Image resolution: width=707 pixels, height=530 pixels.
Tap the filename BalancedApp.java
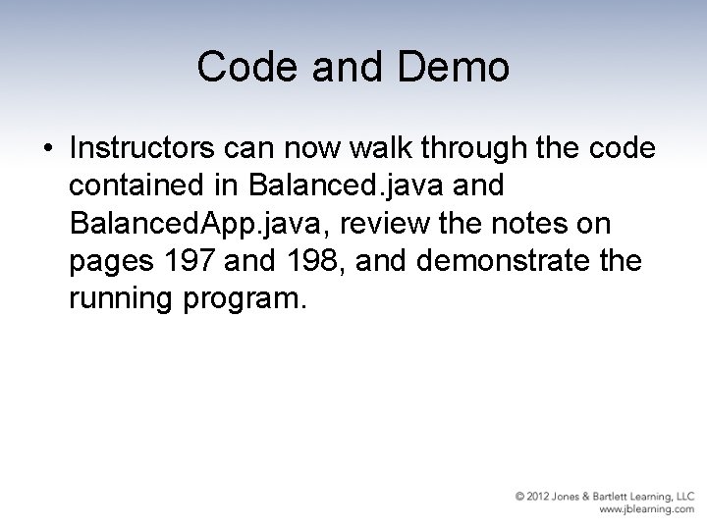click(x=201, y=225)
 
